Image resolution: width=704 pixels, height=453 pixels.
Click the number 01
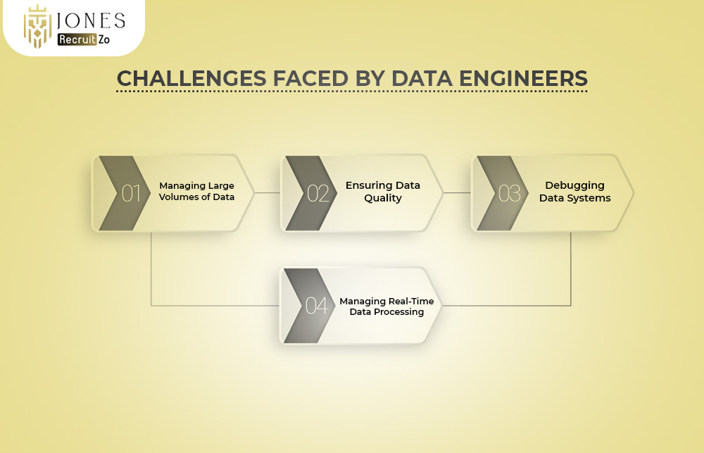pyautogui.click(x=131, y=193)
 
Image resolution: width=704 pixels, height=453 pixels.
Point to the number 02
pyautogui.click(x=318, y=193)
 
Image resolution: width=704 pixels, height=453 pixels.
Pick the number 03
pyautogui.click(x=509, y=193)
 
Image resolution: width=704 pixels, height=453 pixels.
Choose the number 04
pyautogui.click(x=317, y=306)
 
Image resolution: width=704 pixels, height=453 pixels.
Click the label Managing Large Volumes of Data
pyautogui.click(x=196, y=192)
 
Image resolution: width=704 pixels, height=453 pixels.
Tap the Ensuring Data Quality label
pyautogui.click(x=382, y=192)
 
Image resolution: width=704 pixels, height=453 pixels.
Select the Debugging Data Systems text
pyautogui.click(x=574, y=192)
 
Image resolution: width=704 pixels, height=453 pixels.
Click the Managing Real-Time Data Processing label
pyautogui.click(x=386, y=306)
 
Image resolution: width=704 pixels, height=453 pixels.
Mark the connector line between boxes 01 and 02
pyautogui.click(x=268, y=192)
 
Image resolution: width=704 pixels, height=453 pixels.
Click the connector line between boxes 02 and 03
pyautogui.click(x=457, y=192)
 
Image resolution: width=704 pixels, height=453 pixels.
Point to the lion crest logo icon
pyautogui.click(x=38, y=27)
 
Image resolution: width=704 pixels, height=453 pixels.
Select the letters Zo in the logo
pyautogui.click(x=103, y=40)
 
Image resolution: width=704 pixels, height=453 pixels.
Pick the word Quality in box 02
pyautogui.click(x=382, y=198)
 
